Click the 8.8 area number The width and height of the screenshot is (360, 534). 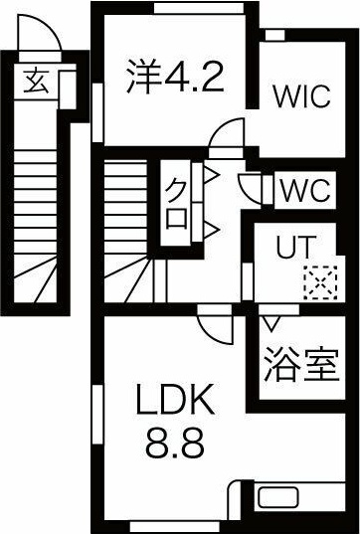[178, 443]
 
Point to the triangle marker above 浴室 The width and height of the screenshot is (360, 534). [270, 321]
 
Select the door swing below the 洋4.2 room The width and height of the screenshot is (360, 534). [227, 134]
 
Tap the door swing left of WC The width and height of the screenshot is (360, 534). [252, 186]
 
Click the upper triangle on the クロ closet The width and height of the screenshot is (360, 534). [211, 179]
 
